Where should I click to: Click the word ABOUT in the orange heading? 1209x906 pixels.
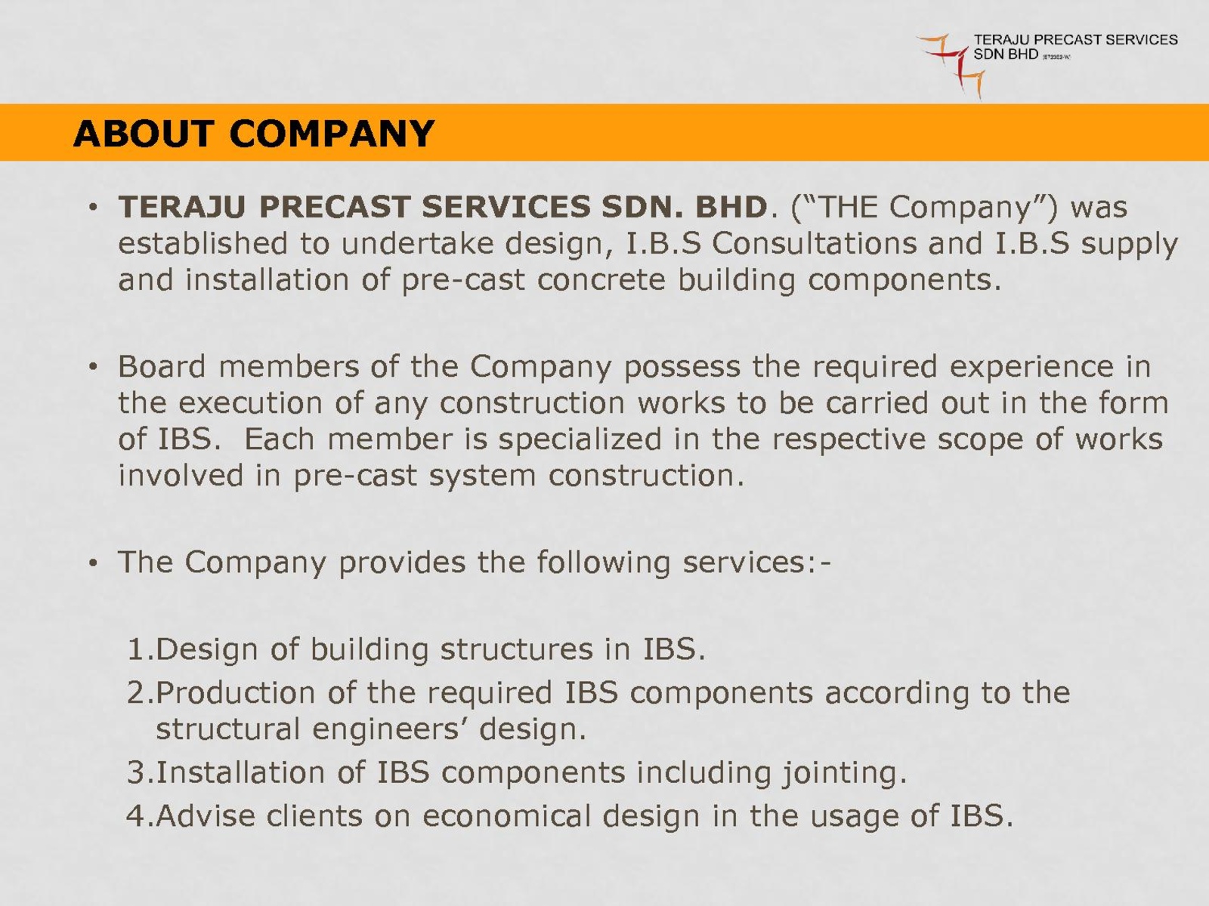[x=144, y=134]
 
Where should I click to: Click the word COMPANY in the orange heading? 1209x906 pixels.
[x=332, y=134]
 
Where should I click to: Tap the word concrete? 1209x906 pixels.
[x=601, y=280]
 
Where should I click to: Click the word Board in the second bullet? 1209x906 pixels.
[x=162, y=366]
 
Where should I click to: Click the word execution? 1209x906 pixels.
[x=251, y=403]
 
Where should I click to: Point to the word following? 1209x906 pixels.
[x=604, y=563]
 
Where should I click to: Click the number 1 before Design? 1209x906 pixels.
[x=135, y=649]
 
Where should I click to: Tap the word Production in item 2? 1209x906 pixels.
[x=236, y=692]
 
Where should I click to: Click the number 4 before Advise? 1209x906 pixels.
[x=135, y=816]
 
